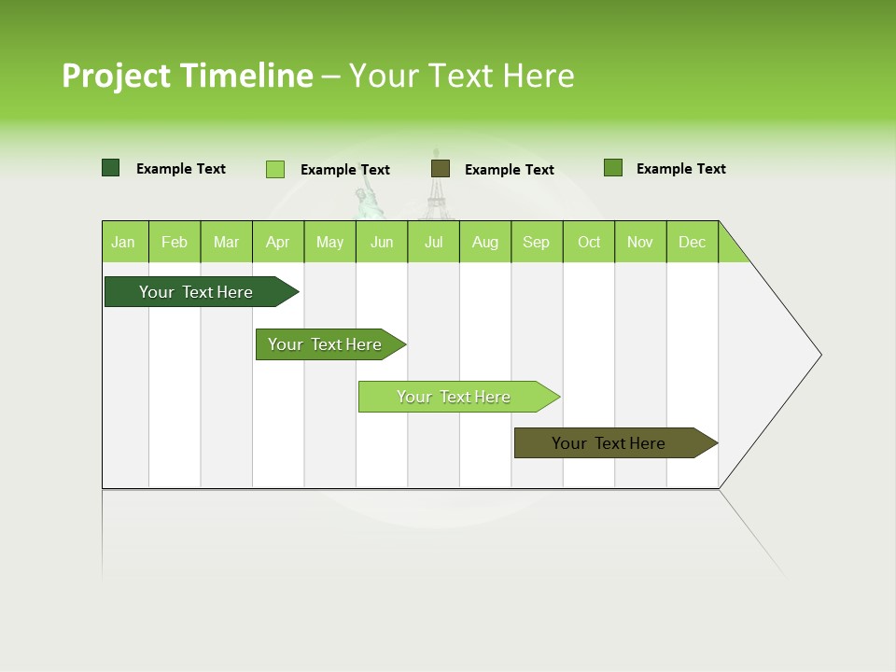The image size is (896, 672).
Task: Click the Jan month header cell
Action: coord(124,242)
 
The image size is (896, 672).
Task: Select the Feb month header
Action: coord(175,242)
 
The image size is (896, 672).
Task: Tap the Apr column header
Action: coord(277,242)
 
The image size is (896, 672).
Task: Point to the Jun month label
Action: coord(382,242)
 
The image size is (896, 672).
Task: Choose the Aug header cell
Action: coord(484,242)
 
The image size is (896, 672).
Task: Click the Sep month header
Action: coord(536,242)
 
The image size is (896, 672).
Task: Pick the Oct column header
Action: coord(589,242)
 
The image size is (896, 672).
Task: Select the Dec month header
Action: coord(692,242)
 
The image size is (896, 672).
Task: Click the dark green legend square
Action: coord(111,168)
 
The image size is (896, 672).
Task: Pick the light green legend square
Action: coord(275,169)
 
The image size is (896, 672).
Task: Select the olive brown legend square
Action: coord(441,168)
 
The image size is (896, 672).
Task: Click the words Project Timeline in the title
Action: coord(187,76)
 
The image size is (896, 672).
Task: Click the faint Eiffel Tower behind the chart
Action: coord(434,187)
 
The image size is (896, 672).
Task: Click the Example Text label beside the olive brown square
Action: coord(509,170)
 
